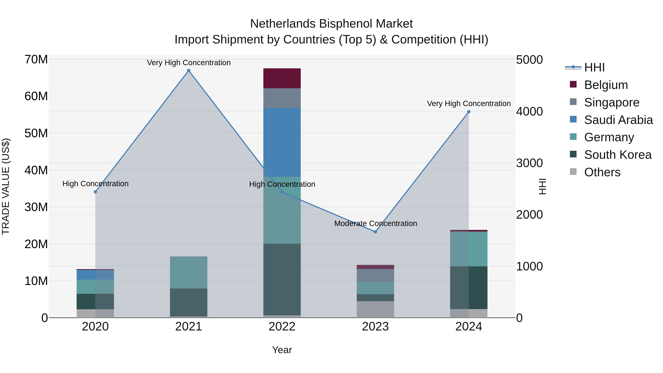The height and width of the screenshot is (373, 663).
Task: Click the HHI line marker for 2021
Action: click(189, 71)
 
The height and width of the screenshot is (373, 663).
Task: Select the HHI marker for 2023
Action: click(375, 232)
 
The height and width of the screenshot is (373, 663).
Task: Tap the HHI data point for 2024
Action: click(469, 112)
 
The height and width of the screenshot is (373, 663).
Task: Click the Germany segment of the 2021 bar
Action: click(189, 272)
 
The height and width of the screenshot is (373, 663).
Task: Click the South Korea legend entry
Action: click(618, 155)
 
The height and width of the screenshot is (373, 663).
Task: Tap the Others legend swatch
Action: click(573, 172)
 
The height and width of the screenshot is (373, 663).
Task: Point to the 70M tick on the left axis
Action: click(36, 59)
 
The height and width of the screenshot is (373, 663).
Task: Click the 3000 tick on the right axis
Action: click(529, 163)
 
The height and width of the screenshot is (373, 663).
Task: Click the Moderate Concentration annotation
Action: click(376, 223)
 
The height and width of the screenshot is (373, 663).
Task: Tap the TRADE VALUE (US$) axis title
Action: click(6, 186)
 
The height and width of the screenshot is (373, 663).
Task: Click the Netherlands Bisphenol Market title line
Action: click(331, 24)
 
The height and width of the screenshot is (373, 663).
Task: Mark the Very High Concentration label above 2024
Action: click(469, 104)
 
